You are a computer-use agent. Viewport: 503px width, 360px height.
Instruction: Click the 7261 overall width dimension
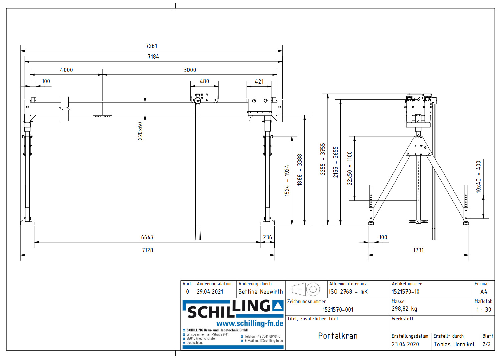(151, 46)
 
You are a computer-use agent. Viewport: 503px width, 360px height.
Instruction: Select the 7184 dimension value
(153, 57)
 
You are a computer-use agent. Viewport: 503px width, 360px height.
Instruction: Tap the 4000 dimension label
(66, 70)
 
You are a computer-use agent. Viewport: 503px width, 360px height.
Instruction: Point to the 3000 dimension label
(190, 70)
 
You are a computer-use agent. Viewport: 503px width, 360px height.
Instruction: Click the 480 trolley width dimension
(204, 81)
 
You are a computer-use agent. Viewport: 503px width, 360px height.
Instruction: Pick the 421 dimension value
(259, 82)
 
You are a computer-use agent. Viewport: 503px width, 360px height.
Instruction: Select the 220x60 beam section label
(140, 131)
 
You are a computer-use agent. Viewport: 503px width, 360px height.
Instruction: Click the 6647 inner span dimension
(147, 237)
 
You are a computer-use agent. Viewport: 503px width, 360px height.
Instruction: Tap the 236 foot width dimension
(267, 237)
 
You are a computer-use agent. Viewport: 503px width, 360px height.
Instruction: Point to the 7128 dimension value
(147, 250)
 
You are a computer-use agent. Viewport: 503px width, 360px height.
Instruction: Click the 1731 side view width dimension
(418, 250)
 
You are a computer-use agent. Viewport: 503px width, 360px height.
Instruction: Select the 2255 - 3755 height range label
(323, 159)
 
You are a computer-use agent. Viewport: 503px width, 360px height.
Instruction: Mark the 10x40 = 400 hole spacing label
(478, 177)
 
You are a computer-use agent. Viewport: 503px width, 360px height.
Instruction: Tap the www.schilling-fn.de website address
(250, 323)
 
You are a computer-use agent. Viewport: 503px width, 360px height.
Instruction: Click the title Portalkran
(338, 336)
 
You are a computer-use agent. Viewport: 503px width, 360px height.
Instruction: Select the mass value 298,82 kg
(404, 309)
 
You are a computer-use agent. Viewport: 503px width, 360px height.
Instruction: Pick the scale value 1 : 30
(484, 310)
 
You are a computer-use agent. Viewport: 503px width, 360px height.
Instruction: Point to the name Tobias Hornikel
(454, 344)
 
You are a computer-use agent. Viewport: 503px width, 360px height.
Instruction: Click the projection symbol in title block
(306, 289)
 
